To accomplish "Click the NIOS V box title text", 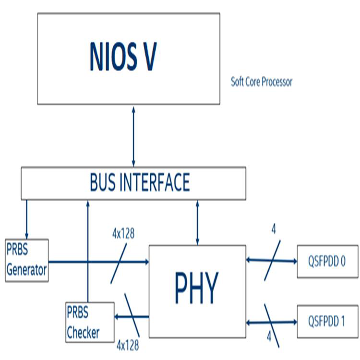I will (123, 57).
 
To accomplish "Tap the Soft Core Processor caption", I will (262, 82).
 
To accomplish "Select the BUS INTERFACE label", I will (140, 182).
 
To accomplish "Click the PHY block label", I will (197, 287).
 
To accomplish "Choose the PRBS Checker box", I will (90, 322).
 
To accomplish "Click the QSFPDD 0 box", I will (327, 261).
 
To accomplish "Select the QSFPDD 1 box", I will (327, 321).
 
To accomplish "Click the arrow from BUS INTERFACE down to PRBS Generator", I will (26, 219).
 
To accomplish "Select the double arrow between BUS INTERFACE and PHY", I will (197, 222).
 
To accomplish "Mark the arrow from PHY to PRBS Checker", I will (132, 316).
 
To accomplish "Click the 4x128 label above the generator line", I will (123, 234).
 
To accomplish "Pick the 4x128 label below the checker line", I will (128, 344).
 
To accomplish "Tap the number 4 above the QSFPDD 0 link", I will (273, 229).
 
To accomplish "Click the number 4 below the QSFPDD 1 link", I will (269, 337).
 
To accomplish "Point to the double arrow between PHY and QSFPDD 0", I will (271, 261).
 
